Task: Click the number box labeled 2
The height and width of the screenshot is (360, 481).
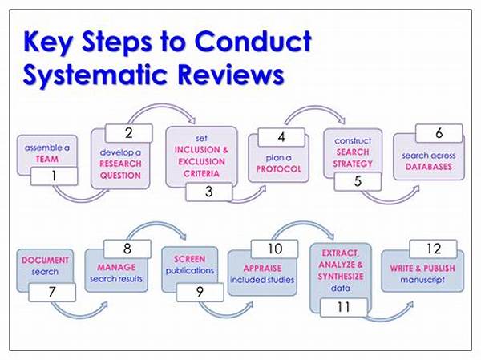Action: click(x=128, y=131)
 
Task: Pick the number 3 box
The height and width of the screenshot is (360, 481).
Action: click(x=208, y=192)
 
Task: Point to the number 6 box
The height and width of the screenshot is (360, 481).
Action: click(x=438, y=132)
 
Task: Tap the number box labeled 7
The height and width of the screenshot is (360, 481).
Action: click(x=51, y=294)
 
